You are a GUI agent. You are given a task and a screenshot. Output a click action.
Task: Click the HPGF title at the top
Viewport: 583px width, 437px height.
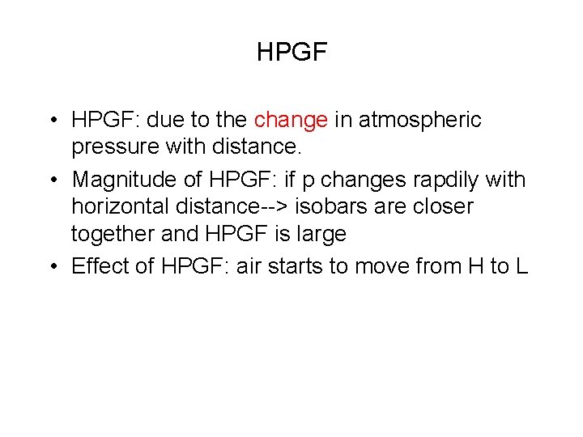[291, 53]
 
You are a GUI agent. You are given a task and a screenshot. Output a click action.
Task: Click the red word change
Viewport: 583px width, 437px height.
[291, 121]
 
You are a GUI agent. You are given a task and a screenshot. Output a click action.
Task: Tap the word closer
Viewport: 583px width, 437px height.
[445, 206]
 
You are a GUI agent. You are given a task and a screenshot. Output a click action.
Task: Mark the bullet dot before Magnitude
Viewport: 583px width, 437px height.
[52, 179]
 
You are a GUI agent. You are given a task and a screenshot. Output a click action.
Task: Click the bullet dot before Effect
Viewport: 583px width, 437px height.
[52, 265]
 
